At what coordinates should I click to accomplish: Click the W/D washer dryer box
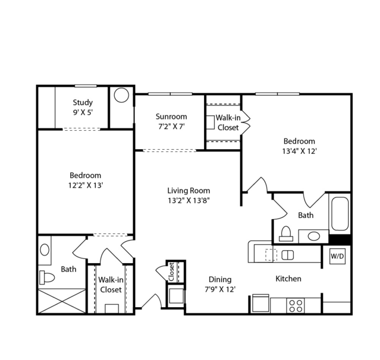coord(338,256)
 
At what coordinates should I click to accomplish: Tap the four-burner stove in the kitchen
coord(296,306)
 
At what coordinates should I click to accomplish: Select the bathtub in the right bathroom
coord(340,214)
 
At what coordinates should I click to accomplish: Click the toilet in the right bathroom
coord(286,233)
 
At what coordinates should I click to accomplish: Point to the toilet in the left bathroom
coord(47,277)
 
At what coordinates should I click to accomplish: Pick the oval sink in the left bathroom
coord(45,250)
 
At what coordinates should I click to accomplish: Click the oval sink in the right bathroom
coord(314,236)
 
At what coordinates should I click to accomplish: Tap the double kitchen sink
coord(288,255)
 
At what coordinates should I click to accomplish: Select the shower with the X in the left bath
coord(62,301)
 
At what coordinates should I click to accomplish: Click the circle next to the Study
coord(121,95)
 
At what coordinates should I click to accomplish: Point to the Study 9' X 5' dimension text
coord(83,112)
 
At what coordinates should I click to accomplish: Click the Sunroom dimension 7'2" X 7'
coord(172,127)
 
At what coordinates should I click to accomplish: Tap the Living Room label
coord(189,191)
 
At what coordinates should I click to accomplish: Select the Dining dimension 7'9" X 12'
coord(220,289)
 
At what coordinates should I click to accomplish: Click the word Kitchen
coord(288,279)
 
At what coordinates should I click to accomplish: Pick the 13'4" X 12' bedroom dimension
coord(300,151)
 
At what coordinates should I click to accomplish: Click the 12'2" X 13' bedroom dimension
coord(86,185)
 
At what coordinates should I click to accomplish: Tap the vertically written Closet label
coord(171,272)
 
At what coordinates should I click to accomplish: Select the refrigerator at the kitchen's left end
coord(260,303)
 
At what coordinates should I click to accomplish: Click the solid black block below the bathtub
coord(340,239)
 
